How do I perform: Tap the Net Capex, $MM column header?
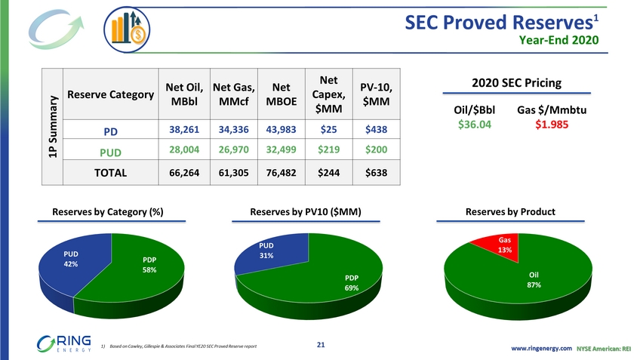click(x=328, y=96)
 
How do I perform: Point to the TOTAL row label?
click(x=109, y=172)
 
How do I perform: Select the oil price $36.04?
click(x=479, y=125)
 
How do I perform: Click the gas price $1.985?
click(x=552, y=125)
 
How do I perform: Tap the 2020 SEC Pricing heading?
click(x=515, y=82)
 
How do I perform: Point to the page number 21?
click(x=321, y=345)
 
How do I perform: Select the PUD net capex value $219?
click(x=328, y=150)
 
